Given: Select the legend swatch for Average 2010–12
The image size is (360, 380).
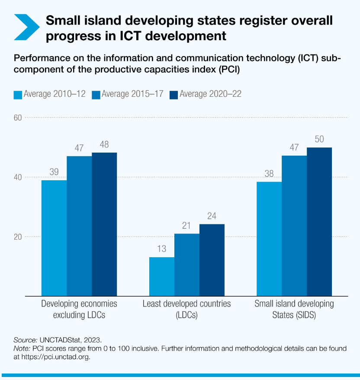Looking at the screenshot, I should (x=18, y=95).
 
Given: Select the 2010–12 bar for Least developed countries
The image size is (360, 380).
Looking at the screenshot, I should (x=162, y=276).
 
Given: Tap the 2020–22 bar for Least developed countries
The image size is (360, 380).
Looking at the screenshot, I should (x=212, y=260).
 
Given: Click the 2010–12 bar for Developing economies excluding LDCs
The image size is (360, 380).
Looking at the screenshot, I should (x=54, y=238).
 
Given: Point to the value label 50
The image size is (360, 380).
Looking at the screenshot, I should (x=319, y=140).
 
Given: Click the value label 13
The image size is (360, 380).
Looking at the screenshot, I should (x=162, y=249).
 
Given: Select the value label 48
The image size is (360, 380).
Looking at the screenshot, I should (x=104, y=145).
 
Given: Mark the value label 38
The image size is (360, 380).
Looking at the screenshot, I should (x=269, y=174).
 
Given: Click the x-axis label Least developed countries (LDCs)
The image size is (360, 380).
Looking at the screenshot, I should (x=187, y=309).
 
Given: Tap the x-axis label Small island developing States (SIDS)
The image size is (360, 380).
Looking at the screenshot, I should (x=294, y=309).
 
